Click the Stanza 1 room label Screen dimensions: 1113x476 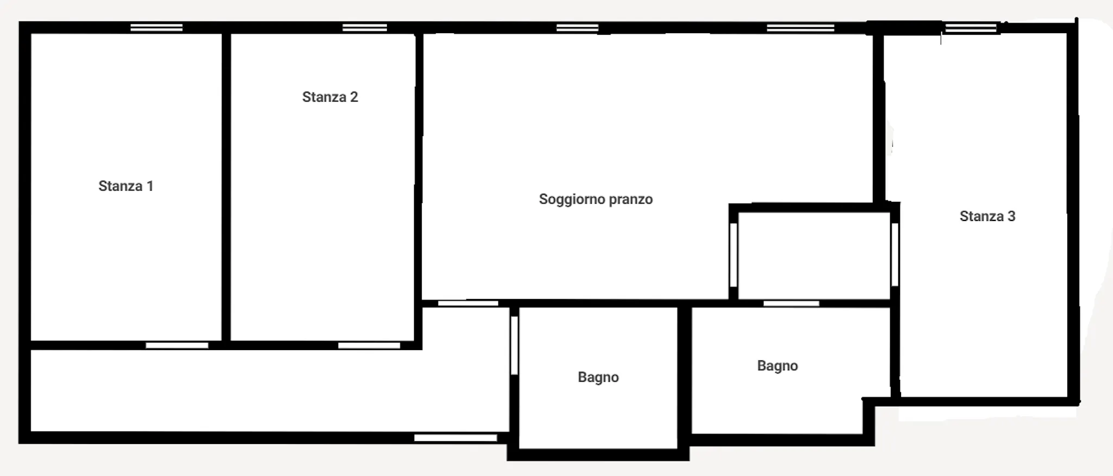click(x=126, y=186)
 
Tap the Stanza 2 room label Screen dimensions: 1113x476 click(x=330, y=97)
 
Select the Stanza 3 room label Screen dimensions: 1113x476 click(x=987, y=217)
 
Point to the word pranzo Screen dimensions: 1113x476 click(x=631, y=200)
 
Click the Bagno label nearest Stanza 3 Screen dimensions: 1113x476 click(x=777, y=366)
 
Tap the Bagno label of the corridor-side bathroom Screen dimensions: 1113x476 click(x=598, y=378)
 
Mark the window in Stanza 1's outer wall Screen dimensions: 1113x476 click(x=157, y=28)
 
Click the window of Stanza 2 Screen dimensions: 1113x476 click(x=365, y=28)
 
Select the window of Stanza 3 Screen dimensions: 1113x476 click(x=971, y=28)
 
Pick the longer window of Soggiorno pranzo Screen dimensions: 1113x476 click(x=801, y=28)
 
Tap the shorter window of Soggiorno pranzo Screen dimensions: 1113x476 click(x=577, y=28)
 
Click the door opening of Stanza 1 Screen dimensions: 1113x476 click(x=177, y=346)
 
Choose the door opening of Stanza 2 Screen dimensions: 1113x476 click(x=369, y=346)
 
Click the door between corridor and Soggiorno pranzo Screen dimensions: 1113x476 click(x=468, y=303)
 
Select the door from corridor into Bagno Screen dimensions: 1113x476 click(x=514, y=345)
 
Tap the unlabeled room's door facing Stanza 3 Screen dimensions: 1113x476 click(x=895, y=255)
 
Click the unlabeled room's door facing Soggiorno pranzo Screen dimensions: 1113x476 click(x=733, y=255)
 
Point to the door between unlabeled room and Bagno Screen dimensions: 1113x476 click(x=791, y=303)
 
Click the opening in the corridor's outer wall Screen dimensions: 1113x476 click(x=455, y=438)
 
